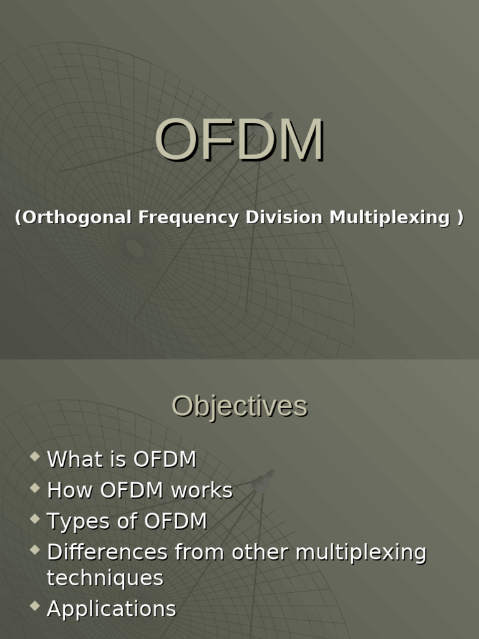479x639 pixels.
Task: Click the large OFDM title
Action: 239,140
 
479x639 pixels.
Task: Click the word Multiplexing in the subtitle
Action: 389,217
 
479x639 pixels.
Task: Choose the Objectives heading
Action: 239,406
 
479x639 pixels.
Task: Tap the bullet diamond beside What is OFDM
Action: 34,457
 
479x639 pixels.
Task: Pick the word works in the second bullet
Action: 202,490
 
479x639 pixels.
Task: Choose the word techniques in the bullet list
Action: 105,578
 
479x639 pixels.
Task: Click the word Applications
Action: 112,609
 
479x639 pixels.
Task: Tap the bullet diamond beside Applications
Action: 34,606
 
